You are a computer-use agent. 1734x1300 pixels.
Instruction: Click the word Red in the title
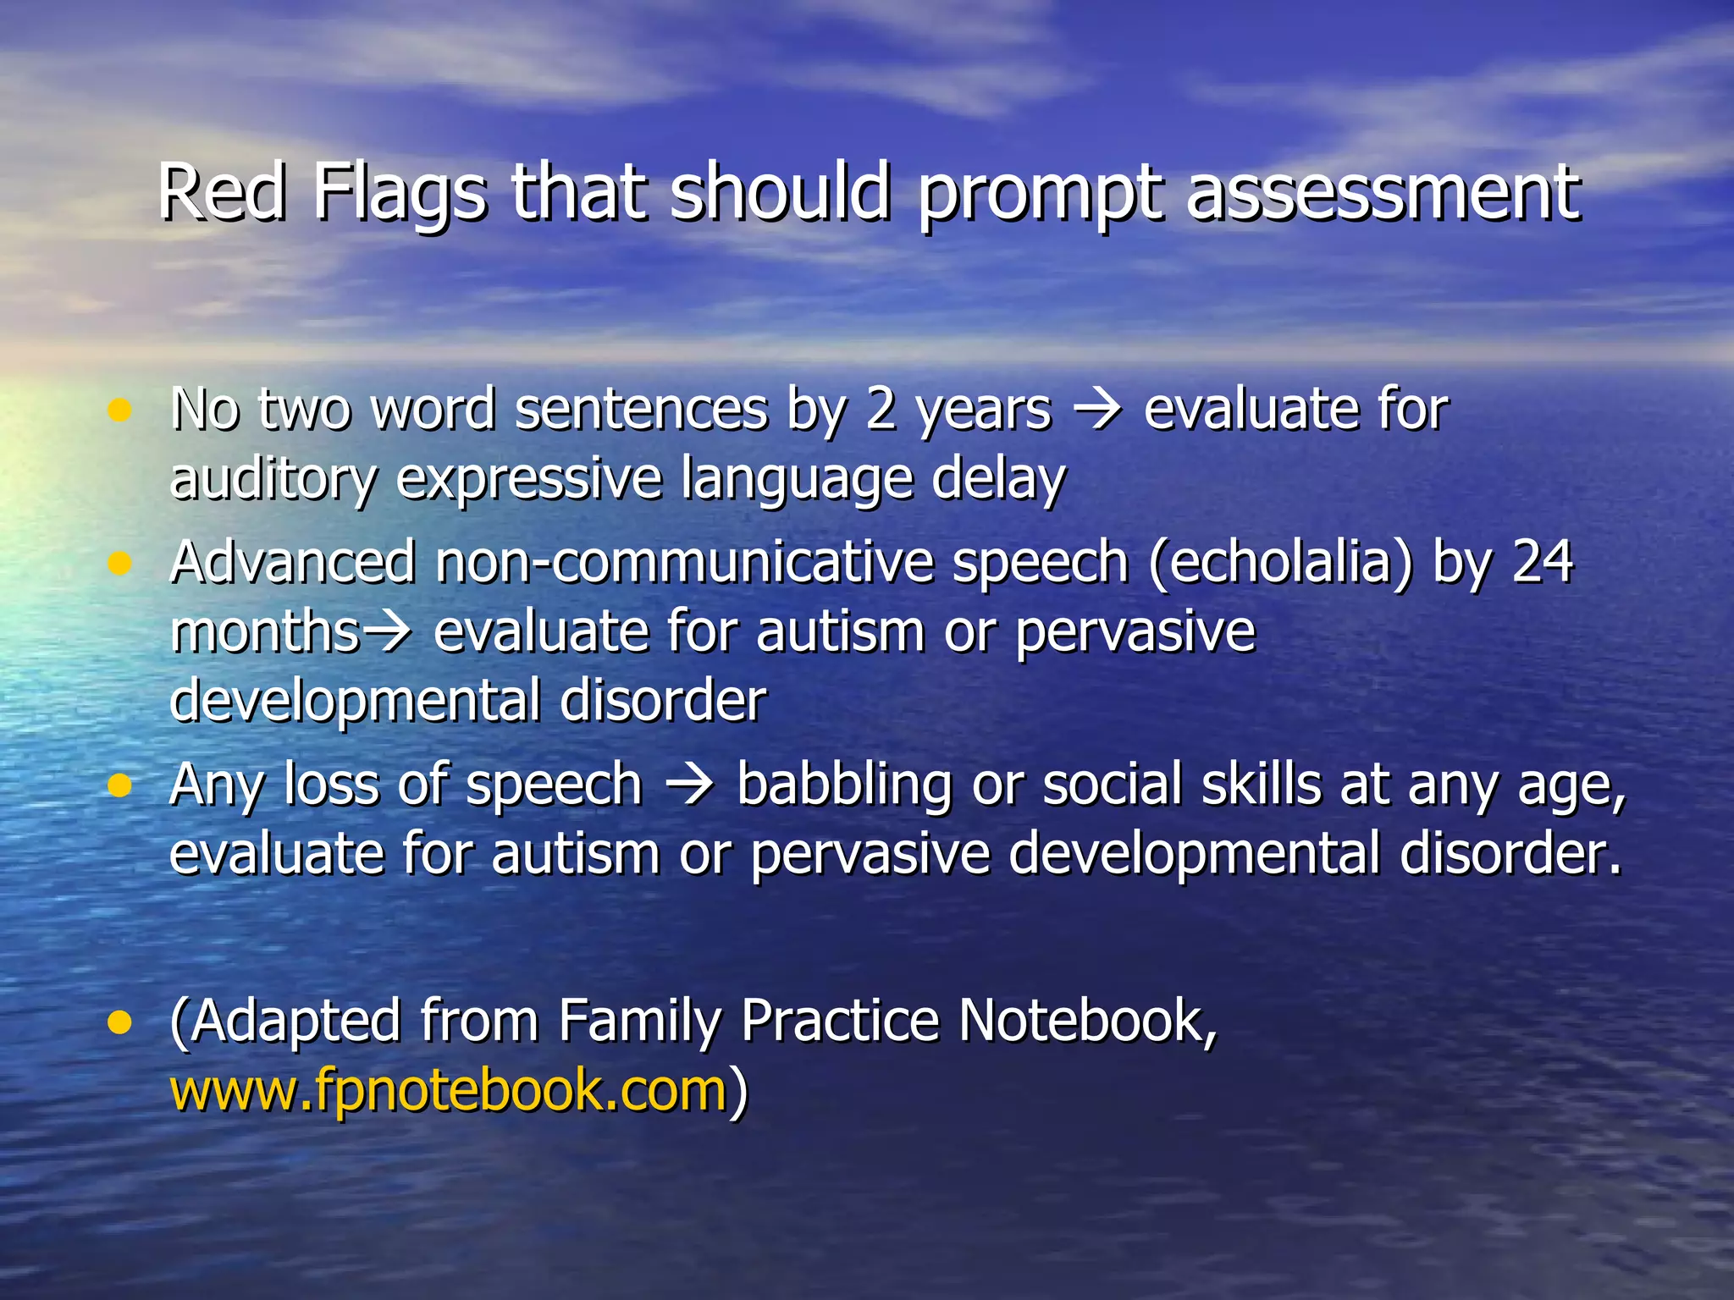pos(222,193)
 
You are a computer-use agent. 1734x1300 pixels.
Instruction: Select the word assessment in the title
pos(1382,193)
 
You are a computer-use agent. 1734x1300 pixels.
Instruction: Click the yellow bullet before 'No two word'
pos(120,411)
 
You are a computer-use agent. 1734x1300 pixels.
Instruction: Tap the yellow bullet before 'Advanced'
pos(120,564)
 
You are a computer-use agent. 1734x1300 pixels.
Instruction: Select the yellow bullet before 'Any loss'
pos(120,785)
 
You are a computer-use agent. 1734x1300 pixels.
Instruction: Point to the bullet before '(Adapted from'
pos(120,1022)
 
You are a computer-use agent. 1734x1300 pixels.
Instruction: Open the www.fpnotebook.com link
pos(449,1090)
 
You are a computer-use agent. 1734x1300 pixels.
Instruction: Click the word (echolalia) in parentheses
pos(1281,564)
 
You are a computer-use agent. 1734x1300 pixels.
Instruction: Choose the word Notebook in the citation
pos(1087,1021)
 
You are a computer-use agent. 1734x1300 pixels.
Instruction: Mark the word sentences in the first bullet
pos(641,411)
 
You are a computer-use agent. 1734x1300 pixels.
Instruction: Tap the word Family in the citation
pos(639,1022)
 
